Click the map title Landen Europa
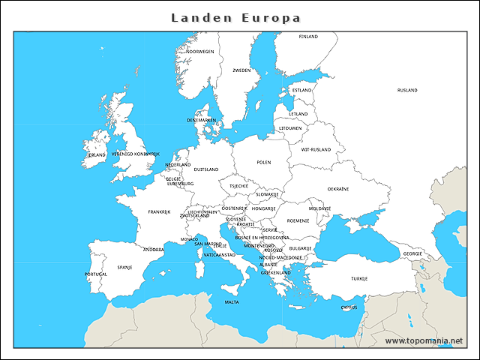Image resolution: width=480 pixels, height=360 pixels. tap(236, 17)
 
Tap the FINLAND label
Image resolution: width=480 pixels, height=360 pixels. tap(308, 36)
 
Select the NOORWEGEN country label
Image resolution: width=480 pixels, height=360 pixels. tap(200, 52)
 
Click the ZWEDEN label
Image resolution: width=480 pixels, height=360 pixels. tap(241, 70)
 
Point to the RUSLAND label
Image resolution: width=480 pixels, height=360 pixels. tap(407, 90)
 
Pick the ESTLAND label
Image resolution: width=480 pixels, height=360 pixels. tap(301, 90)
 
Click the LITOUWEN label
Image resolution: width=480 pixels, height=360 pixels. tap(290, 128)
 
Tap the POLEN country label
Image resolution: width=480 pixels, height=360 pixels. tap(263, 162)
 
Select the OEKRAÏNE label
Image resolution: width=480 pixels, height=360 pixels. tap(337, 189)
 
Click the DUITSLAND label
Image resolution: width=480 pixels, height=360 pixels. tap(205, 169)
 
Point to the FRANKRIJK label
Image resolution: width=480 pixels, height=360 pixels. tap(159, 211)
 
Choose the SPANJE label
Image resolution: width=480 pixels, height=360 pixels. tap(124, 266)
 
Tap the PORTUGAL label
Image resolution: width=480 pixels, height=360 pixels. tap(96, 274)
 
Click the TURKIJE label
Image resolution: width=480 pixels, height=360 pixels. tap(358, 278)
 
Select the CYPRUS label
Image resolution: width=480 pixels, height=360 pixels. tap(349, 307)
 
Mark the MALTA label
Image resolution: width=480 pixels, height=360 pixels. tap(232, 302)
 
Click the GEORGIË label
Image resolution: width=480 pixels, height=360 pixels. tap(412, 253)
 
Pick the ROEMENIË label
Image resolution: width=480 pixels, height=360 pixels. tap(298, 220)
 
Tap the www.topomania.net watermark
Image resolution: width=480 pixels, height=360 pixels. tap(424, 340)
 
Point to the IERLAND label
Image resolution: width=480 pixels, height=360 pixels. tap(96, 155)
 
